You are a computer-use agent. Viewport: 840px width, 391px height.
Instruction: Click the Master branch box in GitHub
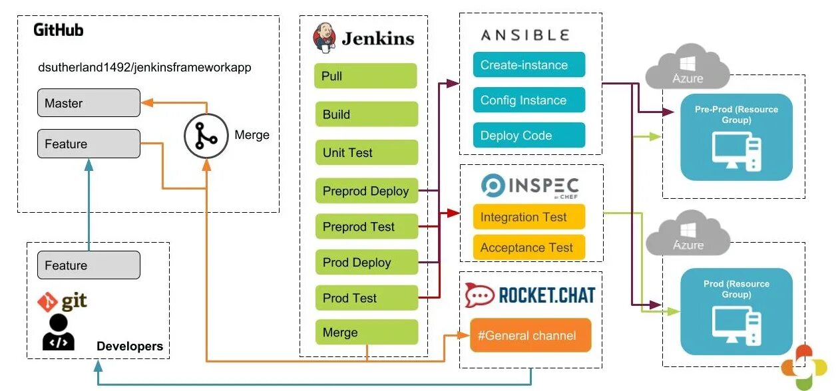[89, 103]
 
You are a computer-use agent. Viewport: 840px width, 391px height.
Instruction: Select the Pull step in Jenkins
[365, 76]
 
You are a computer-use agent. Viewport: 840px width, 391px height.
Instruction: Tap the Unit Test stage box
[367, 152]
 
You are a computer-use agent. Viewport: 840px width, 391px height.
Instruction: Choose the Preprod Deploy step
[367, 191]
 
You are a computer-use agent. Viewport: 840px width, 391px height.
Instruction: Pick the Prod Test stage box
[367, 298]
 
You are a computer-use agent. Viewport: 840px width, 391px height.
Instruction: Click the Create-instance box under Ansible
[529, 65]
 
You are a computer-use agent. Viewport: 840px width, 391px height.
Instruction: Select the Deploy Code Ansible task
[529, 135]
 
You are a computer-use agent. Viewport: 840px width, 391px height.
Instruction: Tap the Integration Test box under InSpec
[529, 217]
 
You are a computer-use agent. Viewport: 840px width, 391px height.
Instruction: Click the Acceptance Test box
[529, 247]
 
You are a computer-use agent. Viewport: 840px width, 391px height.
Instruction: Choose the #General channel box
[530, 335]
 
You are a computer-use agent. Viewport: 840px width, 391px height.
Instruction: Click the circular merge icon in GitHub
[206, 136]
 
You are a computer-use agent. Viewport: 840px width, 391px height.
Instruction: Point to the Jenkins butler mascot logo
[324, 37]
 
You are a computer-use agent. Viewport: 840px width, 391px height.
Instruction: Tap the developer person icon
[59, 332]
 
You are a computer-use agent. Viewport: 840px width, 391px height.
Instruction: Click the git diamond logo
[47, 302]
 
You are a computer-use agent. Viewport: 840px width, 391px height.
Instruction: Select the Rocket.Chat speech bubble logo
[479, 295]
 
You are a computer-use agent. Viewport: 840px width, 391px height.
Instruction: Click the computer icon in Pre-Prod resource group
[737, 152]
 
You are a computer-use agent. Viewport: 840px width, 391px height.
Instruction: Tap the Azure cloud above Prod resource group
[688, 233]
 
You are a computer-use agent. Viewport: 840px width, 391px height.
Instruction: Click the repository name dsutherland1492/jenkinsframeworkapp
[144, 67]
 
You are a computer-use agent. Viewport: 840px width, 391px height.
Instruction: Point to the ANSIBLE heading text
[525, 35]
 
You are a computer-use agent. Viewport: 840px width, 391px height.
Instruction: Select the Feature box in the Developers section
[89, 265]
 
